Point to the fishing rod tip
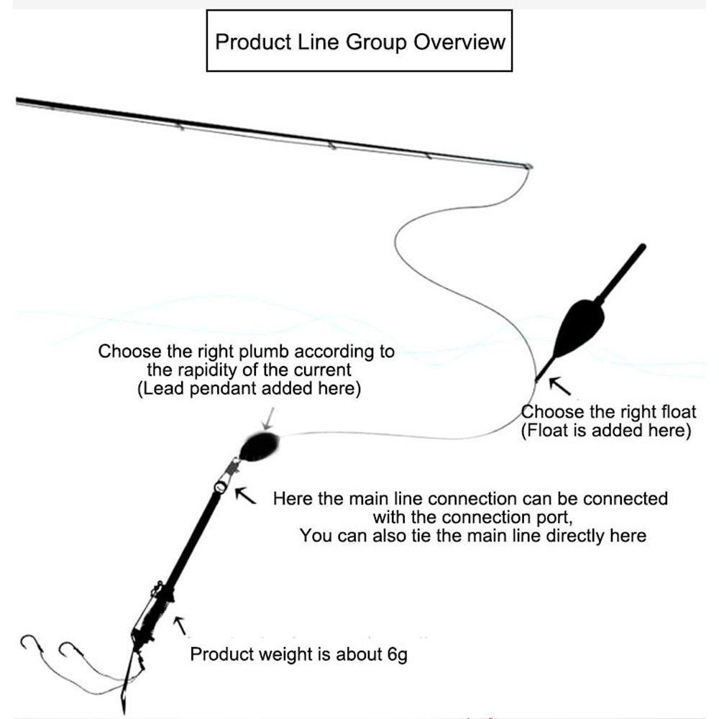pos(528,167)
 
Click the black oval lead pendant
pos(259,446)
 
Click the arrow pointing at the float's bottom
pos(559,387)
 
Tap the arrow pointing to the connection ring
pos(246,494)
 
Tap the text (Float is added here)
pos(605,431)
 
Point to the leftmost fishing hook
pos(29,642)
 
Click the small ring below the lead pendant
pos(220,488)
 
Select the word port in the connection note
pos(562,517)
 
